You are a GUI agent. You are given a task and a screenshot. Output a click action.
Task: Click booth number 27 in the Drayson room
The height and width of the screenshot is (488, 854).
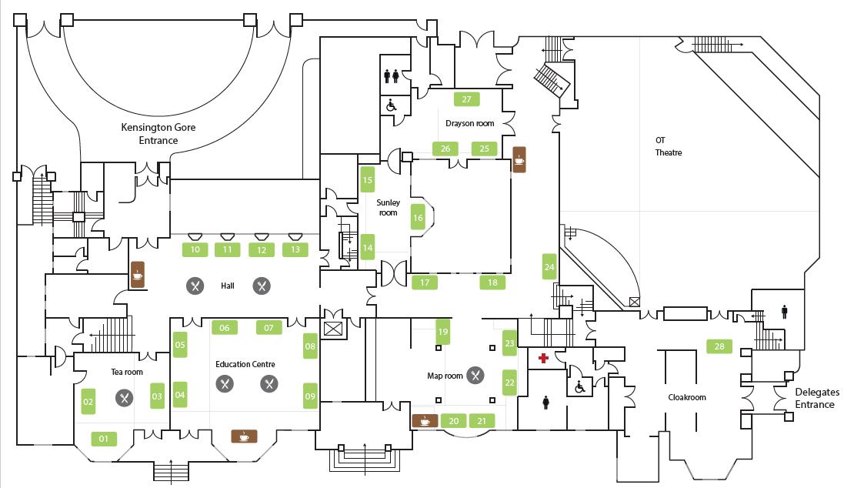[x=466, y=99]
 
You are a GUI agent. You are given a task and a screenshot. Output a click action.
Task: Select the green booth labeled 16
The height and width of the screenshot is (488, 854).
[x=418, y=218]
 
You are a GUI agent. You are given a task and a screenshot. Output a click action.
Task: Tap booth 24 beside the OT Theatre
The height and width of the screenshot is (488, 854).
[x=549, y=266]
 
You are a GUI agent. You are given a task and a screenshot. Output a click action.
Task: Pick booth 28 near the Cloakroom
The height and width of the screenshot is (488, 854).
[x=719, y=346]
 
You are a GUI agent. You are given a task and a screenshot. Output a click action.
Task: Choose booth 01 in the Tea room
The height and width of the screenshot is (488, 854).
[x=103, y=439]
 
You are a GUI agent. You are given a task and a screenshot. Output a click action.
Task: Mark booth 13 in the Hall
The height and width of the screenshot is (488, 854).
[x=295, y=249]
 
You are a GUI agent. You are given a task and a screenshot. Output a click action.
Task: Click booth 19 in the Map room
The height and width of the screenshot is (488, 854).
[x=442, y=332]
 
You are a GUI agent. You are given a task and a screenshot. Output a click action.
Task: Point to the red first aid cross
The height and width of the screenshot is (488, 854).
[x=543, y=358]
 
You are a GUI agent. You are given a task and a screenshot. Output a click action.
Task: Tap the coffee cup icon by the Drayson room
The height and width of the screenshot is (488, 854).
[x=519, y=160]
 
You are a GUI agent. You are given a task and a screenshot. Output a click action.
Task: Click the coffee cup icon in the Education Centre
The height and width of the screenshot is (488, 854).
[x=244, y=436]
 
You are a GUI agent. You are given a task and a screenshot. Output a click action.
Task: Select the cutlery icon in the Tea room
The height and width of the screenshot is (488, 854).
[x=124, y=398]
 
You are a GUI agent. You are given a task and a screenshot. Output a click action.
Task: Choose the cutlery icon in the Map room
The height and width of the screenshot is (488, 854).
[x=476, y=375]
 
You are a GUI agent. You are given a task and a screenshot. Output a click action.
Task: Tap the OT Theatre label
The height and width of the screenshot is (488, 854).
[x=668, y=146]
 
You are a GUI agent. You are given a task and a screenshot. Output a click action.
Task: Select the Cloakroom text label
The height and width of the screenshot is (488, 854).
[x=686, y=397]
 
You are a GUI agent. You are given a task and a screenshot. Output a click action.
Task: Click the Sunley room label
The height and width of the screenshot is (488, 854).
[x=388, y=207]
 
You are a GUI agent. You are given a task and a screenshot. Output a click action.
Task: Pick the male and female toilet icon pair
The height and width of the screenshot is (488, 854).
[x=392, y=75]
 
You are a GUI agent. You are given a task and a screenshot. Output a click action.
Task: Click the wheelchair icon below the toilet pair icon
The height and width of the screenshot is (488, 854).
[x=392, y=105]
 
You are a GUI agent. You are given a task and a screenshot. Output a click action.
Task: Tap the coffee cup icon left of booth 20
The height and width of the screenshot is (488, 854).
[x=424, y=420]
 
